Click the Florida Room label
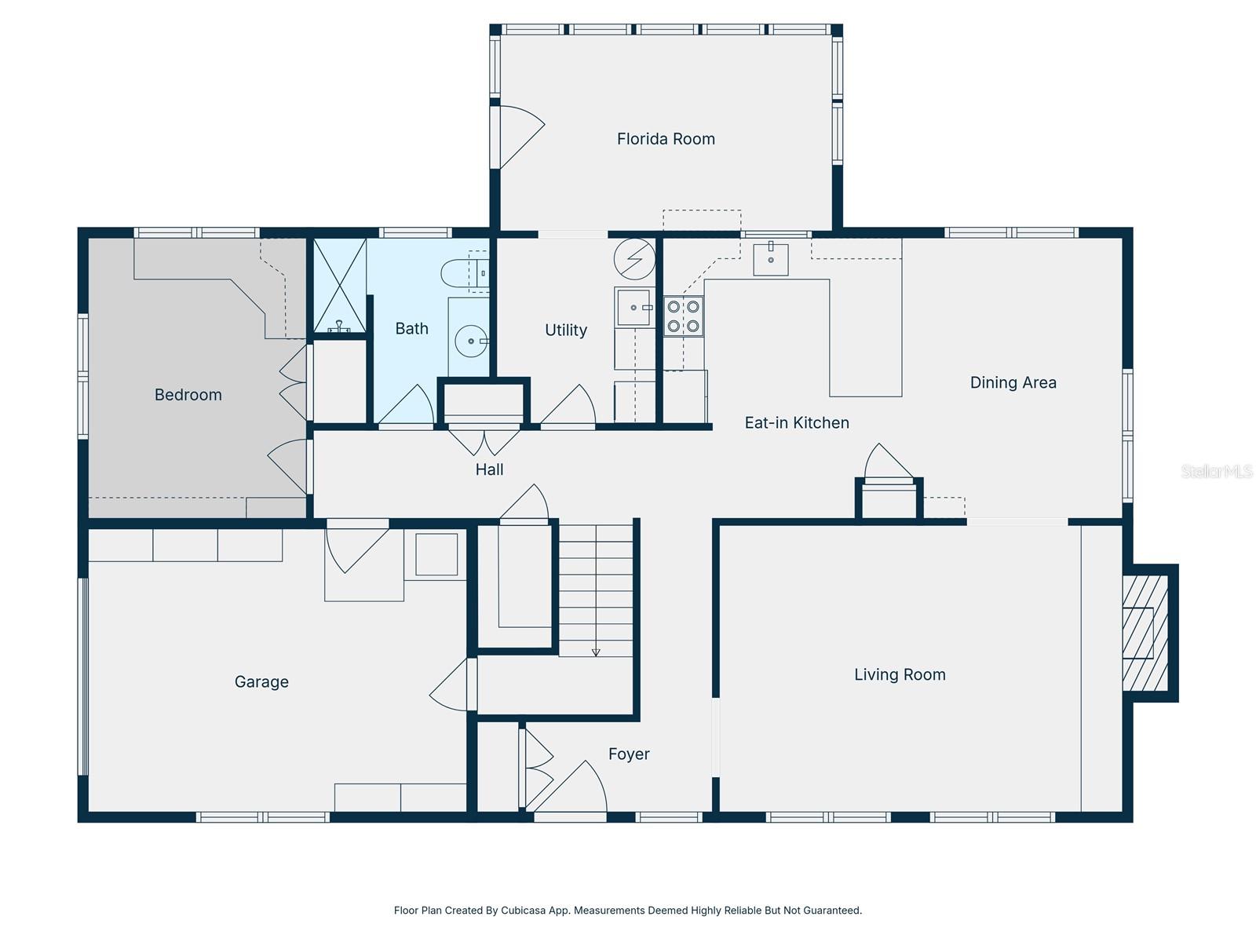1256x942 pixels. coord(666,139)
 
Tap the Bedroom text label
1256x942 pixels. coord(188,395)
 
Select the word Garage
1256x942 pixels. coord(261,681)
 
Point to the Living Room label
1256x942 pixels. coord(900,675)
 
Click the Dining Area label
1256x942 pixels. coord(1013,382)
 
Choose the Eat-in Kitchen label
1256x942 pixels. coord(797,422)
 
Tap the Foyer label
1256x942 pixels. coord(629,754)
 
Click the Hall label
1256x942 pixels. coord(489,469)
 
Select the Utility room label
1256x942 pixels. coord(566,330)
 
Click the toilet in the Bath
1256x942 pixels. coord(464,273)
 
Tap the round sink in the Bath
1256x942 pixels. coord(471,341)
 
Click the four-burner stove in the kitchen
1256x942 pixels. coord(683,316)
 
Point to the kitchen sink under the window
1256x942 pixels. coord(770,258)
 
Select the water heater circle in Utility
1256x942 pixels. coord(634,258)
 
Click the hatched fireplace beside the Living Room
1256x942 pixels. coord(1145,633)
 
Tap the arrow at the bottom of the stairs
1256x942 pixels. coord(596,652)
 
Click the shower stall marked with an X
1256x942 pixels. coord(340,286)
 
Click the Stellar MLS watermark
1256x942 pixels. coord(1217,471)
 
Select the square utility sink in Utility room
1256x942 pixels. coord(634,307)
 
